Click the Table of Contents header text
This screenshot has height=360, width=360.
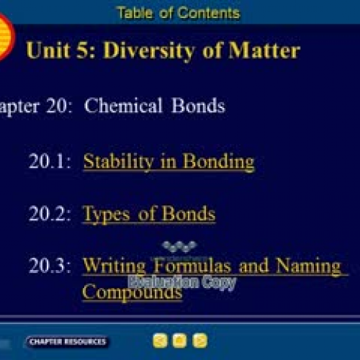click(178, 12)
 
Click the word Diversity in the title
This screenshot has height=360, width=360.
click(153, 50)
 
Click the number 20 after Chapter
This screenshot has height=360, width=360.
click(58, 106)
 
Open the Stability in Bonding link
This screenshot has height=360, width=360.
click(168, 161)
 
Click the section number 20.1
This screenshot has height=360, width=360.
click(50, 161)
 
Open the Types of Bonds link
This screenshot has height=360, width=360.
click(148, 213)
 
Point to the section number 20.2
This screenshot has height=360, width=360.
click(50, 213)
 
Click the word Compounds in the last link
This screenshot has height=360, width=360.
click(132, 292)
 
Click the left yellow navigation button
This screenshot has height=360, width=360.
click(160, 341)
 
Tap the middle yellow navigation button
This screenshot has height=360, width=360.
click(180, 341)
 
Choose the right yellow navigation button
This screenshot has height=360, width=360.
click(200, 341)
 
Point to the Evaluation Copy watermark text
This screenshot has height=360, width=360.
click(181, 282)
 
